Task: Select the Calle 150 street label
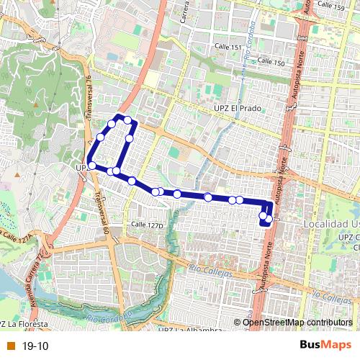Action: pyautogui.click(x=272, y=63)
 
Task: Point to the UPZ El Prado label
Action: pyautogui.click(x=237, y=109)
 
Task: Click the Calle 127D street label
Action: pyautogui.click(x=147, y=225)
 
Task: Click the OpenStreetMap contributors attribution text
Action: pyautogui.click(x=298, y=322)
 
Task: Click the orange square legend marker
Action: pyautogui.click(x=10, y=346)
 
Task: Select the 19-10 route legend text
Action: pyautogui.click(x=35, y=346)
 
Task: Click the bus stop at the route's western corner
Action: pyautogui.click(x=91, y=166)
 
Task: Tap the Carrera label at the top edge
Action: pyautogui.click(x=184, y=12)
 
